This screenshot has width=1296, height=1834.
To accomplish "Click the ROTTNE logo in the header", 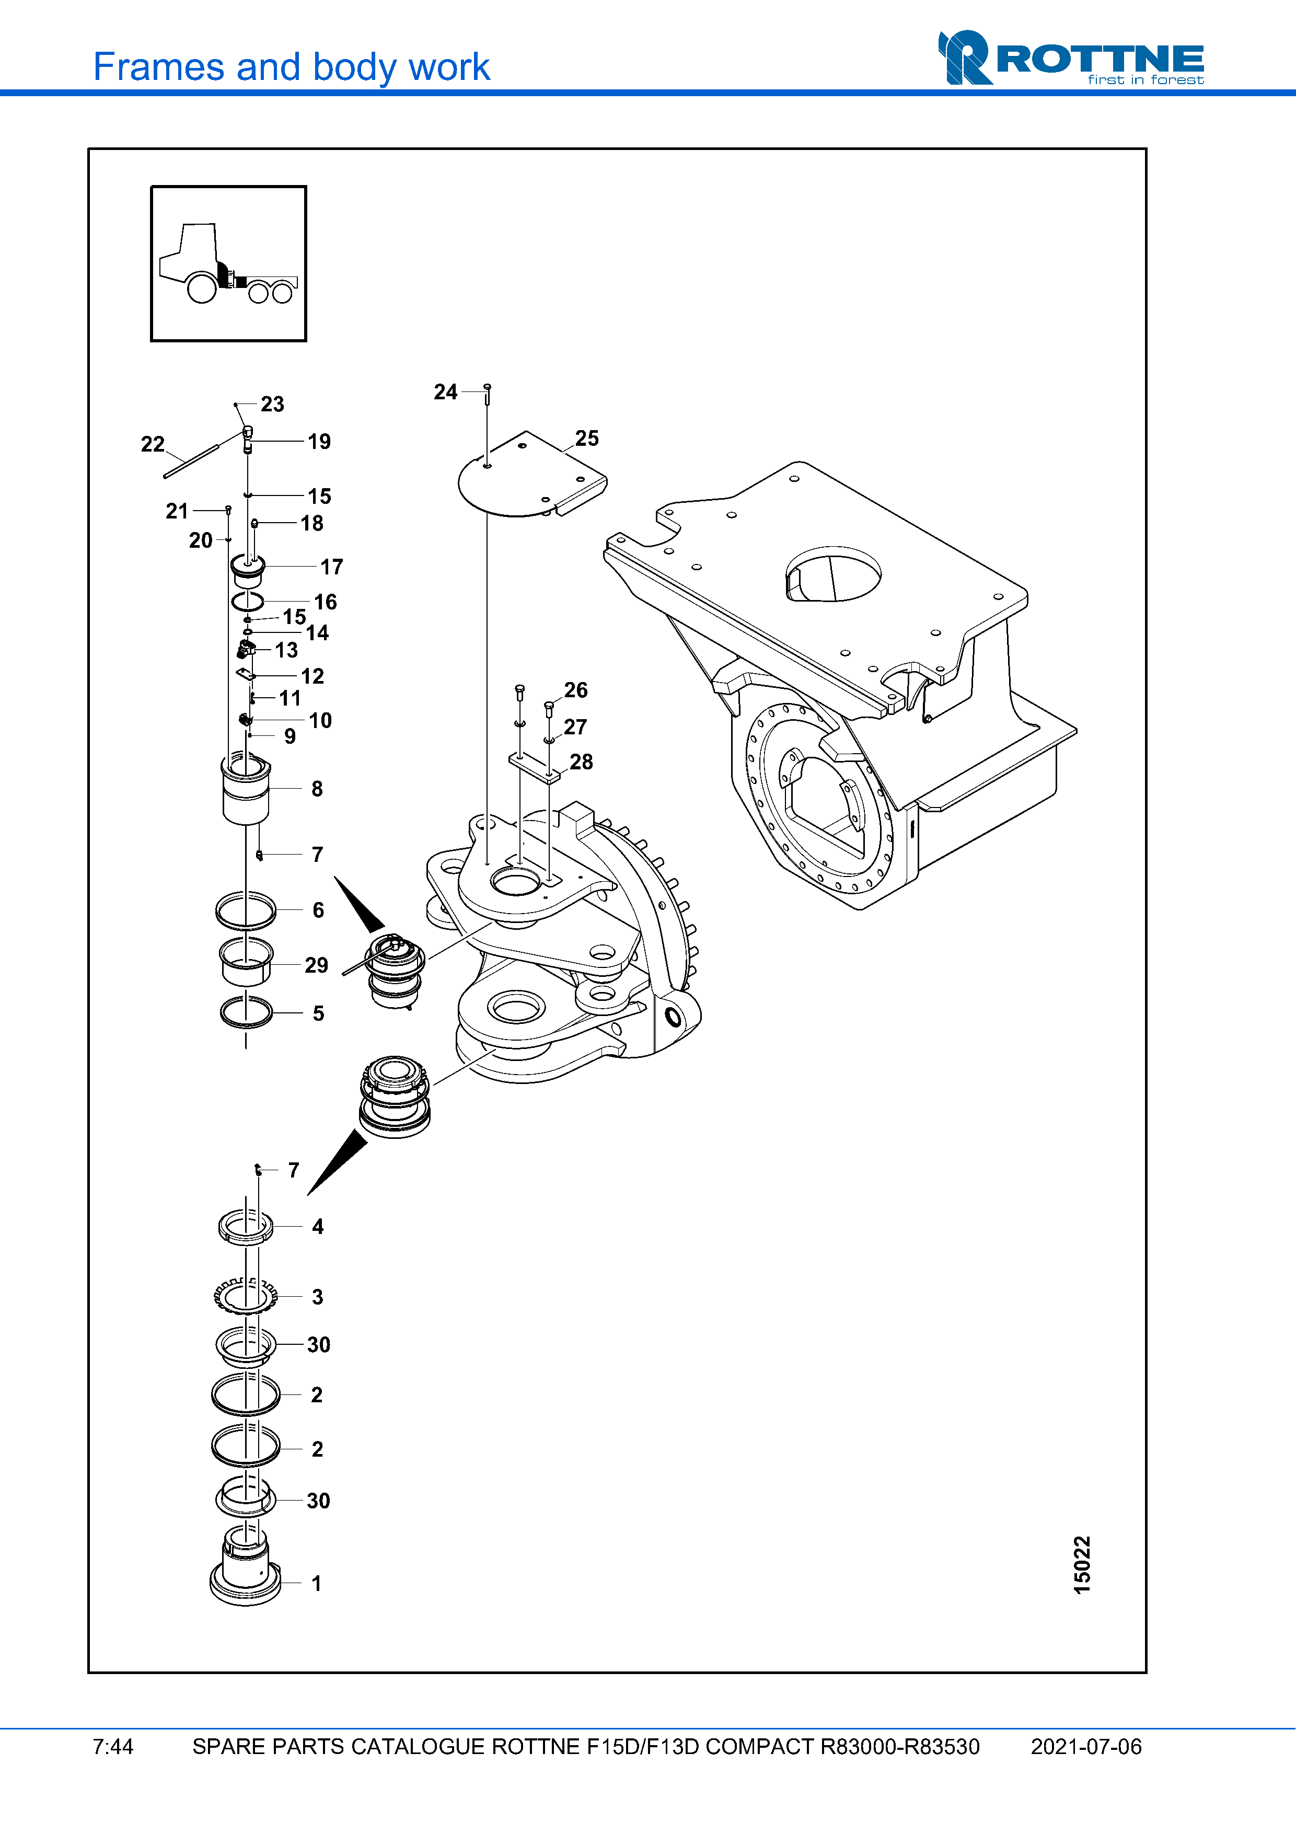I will (1070, 59).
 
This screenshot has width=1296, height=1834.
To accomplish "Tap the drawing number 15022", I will (1081, 1565).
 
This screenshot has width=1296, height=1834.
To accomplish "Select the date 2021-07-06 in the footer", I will (1085, 1746).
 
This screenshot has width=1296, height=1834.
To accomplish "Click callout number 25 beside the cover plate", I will (587, 439).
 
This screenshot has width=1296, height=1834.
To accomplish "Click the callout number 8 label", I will (317, 789).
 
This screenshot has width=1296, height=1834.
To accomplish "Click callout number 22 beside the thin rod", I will (153, 444).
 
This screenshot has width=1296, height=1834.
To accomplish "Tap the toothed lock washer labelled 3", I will (245, 1296).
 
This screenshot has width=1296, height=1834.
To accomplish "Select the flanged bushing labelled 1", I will (245, 1570).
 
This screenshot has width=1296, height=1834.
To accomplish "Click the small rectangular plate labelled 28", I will (534, 765).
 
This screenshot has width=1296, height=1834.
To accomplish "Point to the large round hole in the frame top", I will (833, 573).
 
